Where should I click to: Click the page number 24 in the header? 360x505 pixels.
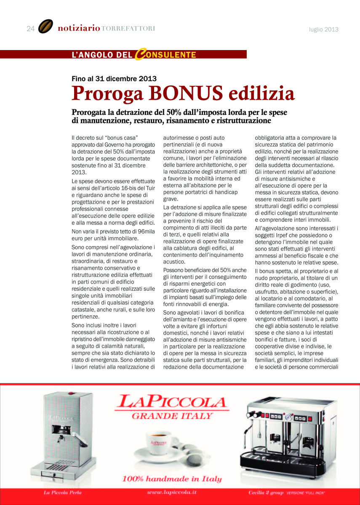click(30, 29)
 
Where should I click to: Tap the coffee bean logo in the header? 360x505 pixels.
click(45, 27)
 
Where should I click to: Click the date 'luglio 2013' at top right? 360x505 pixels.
click(324, 29)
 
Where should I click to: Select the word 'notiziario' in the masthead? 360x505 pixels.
click(79, 28)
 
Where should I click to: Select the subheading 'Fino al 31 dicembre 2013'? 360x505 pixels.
click(114, 79)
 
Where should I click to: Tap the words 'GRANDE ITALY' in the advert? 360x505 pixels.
click(172, 416)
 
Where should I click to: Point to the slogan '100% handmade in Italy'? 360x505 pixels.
click(172, 479)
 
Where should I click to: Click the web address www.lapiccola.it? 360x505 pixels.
click(172, 492)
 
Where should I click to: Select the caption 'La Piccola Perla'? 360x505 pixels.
click(63, 492)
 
